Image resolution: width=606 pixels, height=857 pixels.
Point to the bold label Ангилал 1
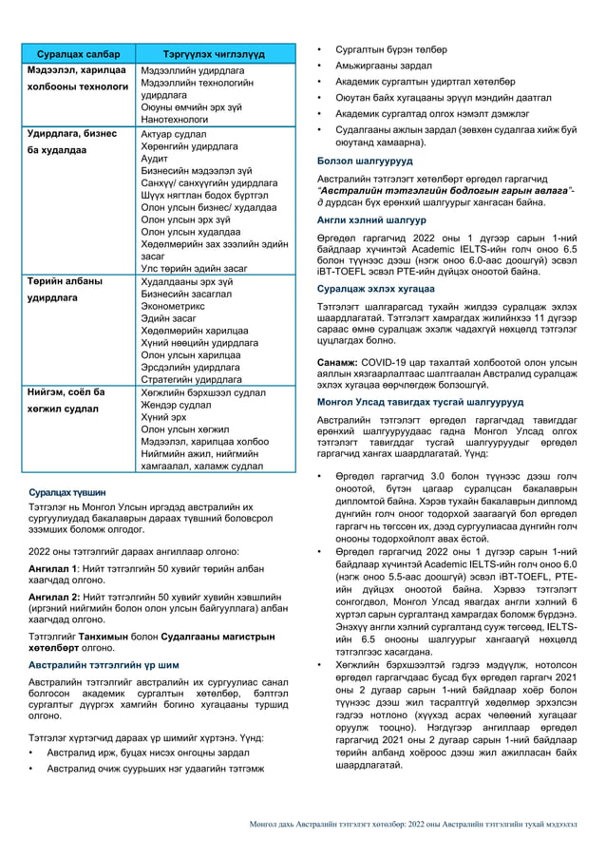pyautogui.click(x=55, y=568)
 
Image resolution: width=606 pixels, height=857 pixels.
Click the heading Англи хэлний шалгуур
pyautogui.click(x=365, y=219)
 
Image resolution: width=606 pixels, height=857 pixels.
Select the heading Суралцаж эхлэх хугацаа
pyautogui.click(x=375, y=287)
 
